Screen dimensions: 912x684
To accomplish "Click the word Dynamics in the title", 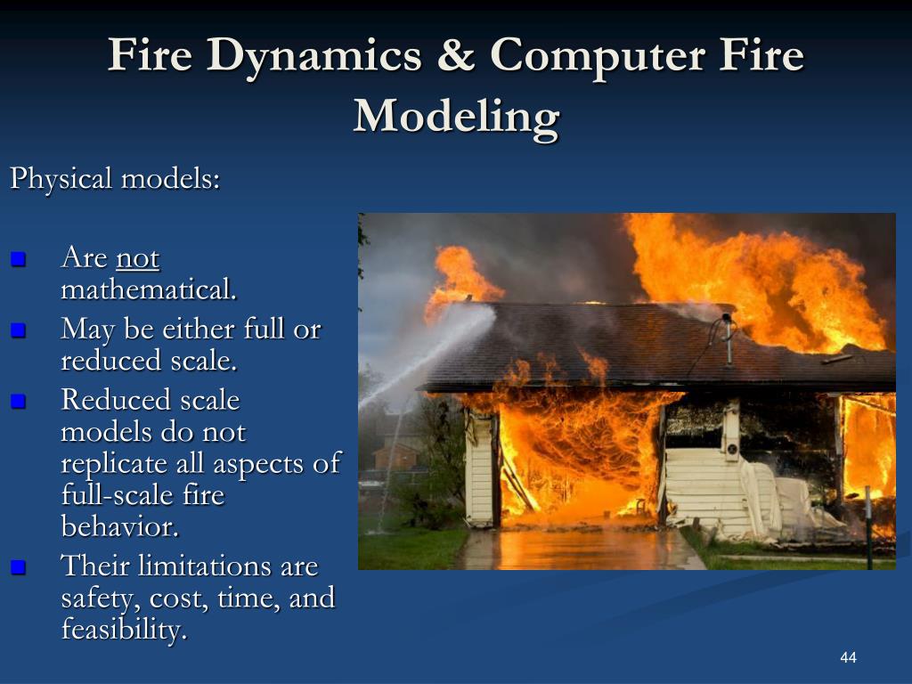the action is pos(314,57).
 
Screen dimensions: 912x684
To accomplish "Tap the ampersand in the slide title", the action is pos(456,54).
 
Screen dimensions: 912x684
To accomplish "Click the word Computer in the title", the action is pos(597,57).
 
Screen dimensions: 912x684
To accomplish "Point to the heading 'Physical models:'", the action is pos(115,178).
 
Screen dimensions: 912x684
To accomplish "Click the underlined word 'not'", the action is pos(138,258).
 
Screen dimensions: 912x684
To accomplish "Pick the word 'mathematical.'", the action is pos(149,289).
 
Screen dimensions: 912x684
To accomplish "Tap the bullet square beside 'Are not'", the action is pos(18,258).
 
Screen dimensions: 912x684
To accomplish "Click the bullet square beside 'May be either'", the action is pos(18,330).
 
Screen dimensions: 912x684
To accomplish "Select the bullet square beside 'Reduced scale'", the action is pos(18,401).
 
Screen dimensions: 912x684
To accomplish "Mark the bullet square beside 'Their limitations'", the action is pos(18,567).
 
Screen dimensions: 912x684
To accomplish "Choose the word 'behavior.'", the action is pos(120,526).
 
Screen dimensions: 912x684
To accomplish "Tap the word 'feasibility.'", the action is pos(124,630).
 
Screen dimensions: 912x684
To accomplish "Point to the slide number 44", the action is pos(848,657).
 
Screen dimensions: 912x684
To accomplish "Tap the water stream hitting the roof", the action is pos(427,354).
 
